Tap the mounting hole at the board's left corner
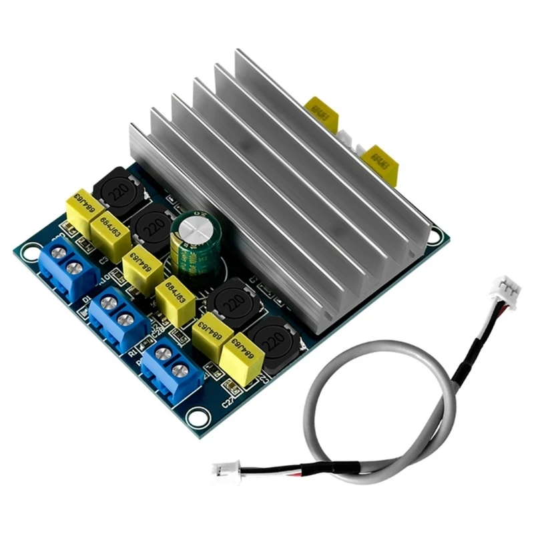click(29, 253)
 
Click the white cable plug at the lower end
click(223, 470)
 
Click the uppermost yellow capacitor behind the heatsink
click(322, 114)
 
